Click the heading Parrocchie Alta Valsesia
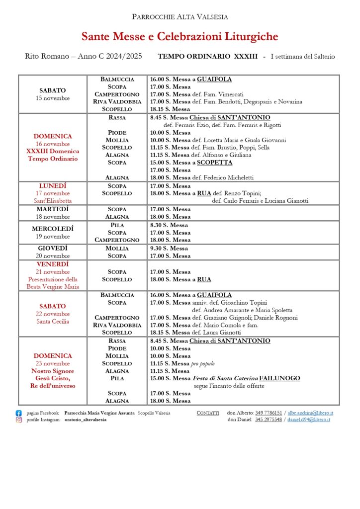[x=180, y=17]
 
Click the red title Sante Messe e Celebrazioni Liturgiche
[x=180, y=36]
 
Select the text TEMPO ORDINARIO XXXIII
[x=207, y=56]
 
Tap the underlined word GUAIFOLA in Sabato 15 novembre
[x=214, y=79]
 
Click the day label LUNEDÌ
[x=53, y=186]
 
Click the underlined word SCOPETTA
[x=214, y=163]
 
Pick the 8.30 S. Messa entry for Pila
[x=169, y=225]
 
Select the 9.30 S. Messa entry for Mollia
[x=169, y=248]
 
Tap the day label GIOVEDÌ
[x=53, y=248]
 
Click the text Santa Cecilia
[x=53, y=321]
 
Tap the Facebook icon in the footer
[x=19, y=413]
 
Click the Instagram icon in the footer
[x=19, y=420]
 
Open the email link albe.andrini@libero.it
[x=310, y=413]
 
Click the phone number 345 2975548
[x=269, y=420]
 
